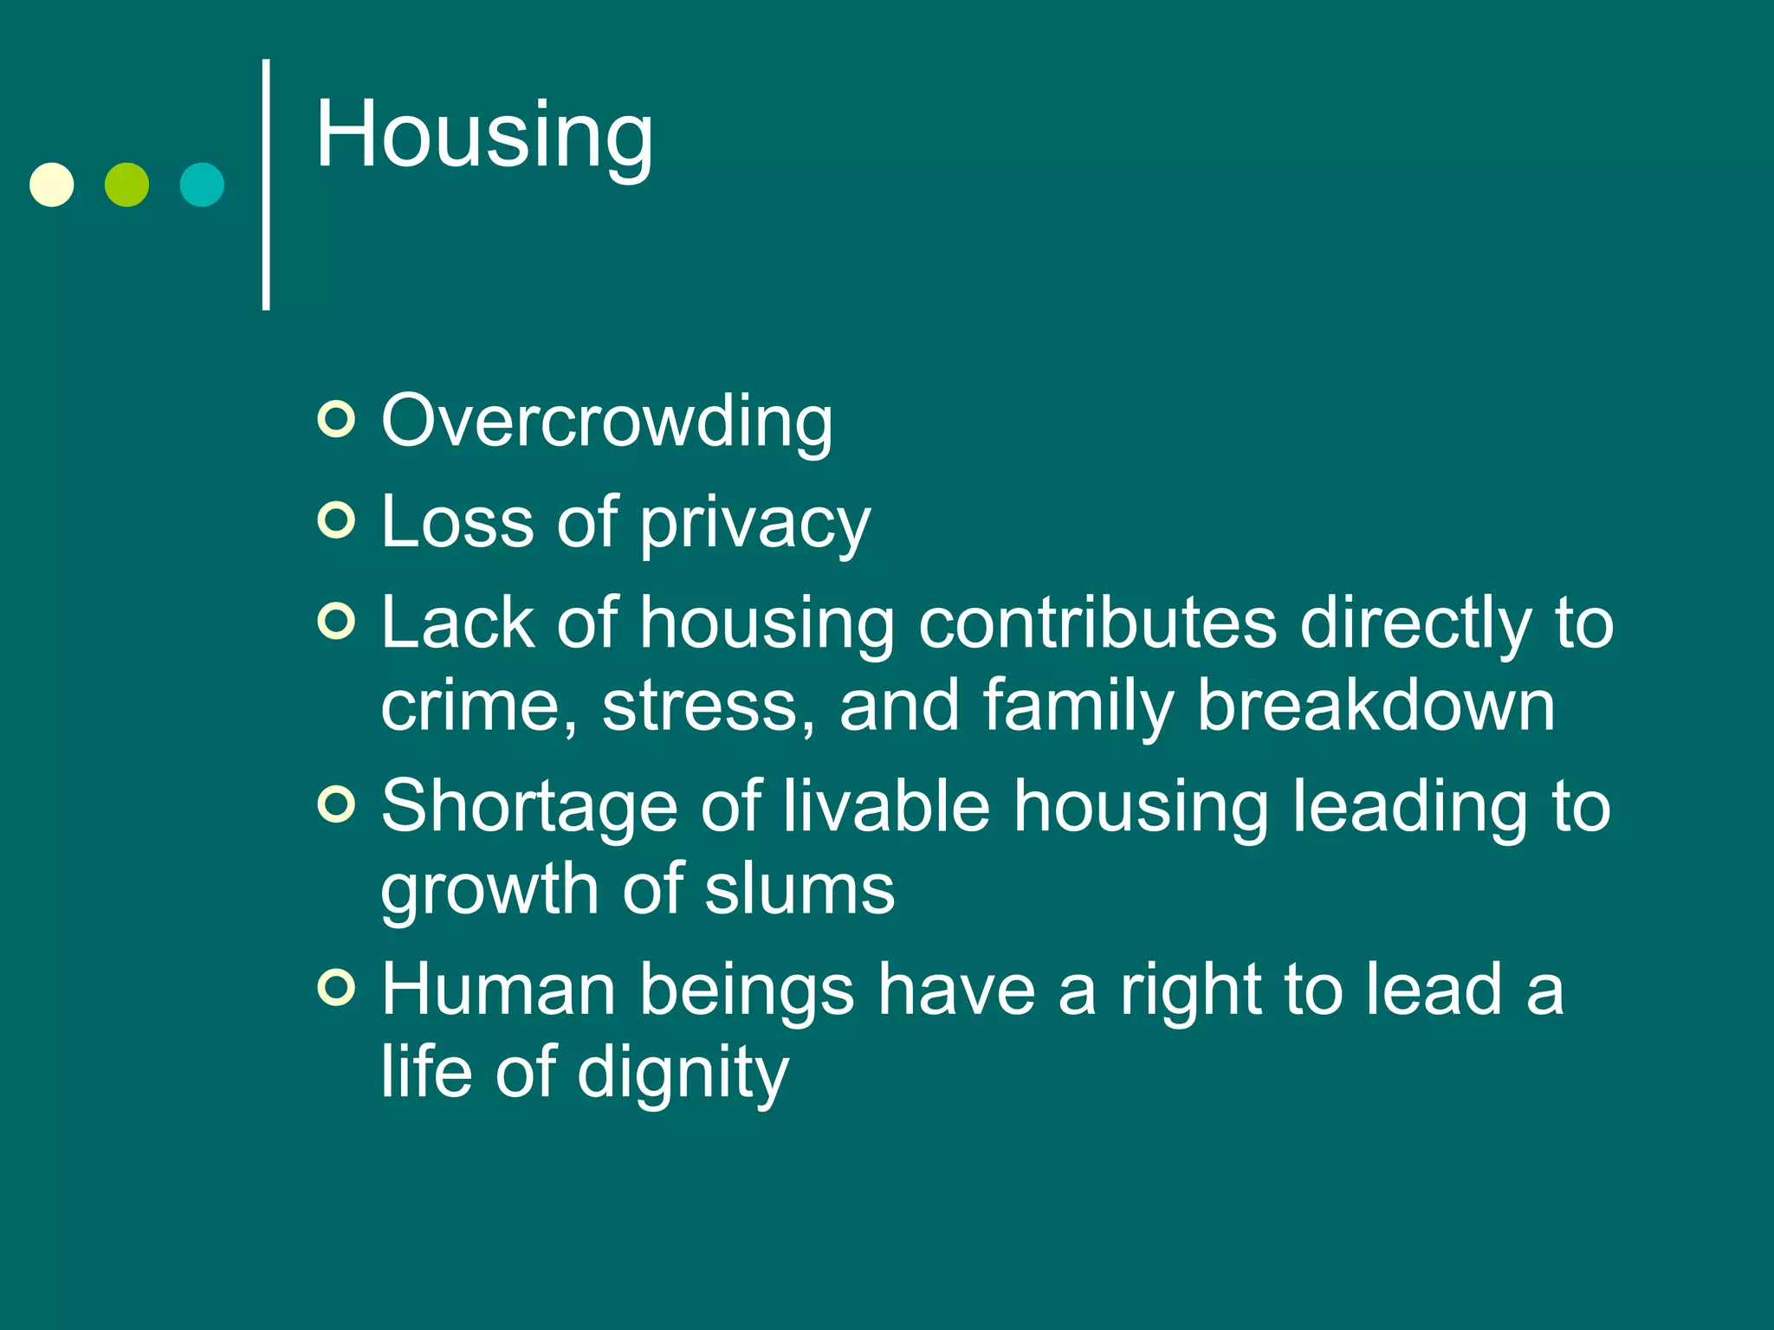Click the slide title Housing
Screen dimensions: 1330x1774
[483, 136]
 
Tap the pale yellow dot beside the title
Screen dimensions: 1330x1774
[52, 184]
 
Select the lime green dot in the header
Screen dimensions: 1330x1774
[126, 184]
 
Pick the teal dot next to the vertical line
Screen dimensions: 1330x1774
[202, 184]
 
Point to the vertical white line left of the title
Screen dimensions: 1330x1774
[266, 184]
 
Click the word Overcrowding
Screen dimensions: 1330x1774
[606, 422]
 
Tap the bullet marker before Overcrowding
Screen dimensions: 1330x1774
[336, 420]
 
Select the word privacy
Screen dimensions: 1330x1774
[754, 523]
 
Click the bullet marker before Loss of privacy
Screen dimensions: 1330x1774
[336, 520]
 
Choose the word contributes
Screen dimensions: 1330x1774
[1097, 623]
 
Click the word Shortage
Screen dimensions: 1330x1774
[528, 807]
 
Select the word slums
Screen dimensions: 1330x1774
[799, 889]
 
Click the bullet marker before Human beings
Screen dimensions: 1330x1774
[336, 987]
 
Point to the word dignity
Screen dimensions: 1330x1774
[683, 1074]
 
